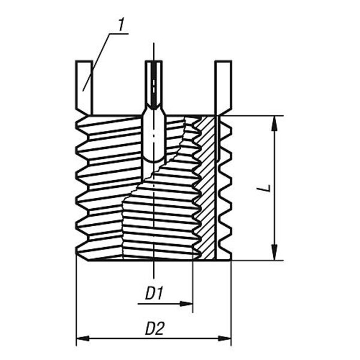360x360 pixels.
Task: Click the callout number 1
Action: click(x=121, y=25)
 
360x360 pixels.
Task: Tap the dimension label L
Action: click(x=266, y=188)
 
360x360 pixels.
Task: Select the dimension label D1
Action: click(x=154, y=293)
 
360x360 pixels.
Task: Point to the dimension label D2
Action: click(x=155, y=328)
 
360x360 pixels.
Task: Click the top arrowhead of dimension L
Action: click(x=274, y=124)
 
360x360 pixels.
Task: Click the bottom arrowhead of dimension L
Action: click(x=274, y=253)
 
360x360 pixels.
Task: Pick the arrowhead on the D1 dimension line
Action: click(x=186, y=304)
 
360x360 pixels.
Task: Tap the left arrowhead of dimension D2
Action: click(x=83, y=338)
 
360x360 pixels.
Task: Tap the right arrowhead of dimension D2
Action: click(x=224, y=338)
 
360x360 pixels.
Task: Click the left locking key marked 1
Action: click(x=84, y=88)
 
